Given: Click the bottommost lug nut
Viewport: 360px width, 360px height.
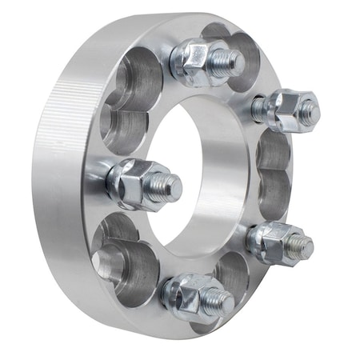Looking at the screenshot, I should pyautogui.click(x=192, y=294).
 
